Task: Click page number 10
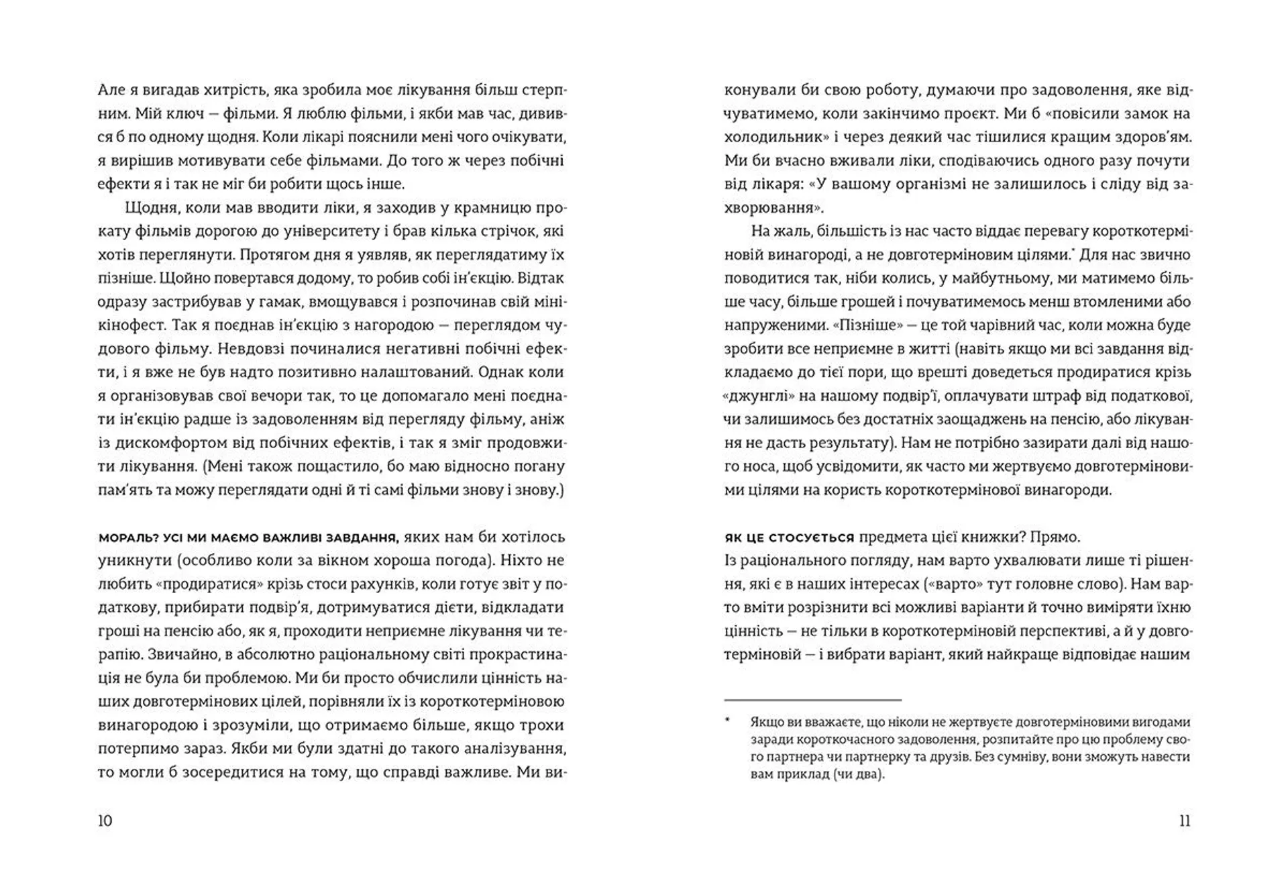tap(105, 821)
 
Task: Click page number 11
tap(1184, 821)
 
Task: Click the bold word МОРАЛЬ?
tap(123, 537)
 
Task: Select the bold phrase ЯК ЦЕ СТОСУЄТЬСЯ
tap(789, 537)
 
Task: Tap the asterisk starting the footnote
tap(727, 722)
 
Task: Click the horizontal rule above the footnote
tap(812, 700)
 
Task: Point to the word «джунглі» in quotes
tap(753, 396)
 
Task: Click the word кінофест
tap(131, 325)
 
